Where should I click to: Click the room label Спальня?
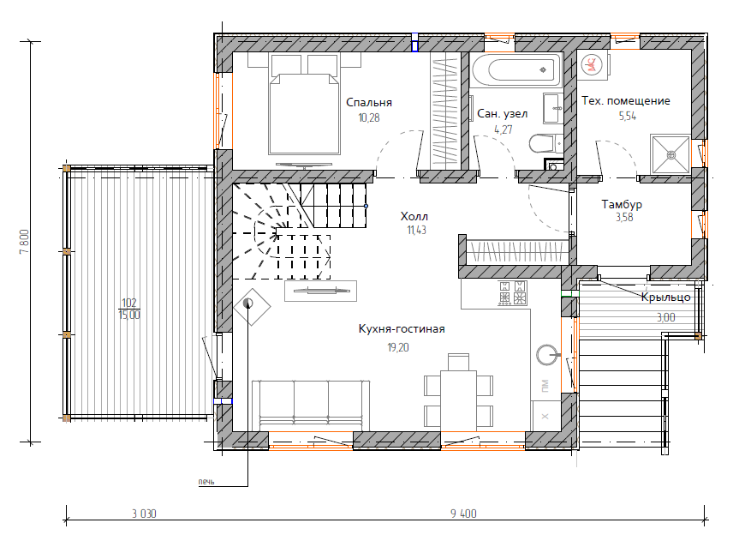369,103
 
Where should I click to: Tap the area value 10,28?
369,117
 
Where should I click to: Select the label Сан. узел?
502,114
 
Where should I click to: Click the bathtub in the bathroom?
516,70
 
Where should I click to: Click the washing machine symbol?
593,63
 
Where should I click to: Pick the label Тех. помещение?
625,100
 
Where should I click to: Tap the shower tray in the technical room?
670,154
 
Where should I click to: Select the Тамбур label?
622,204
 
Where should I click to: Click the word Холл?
414,216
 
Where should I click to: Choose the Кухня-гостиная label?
402,328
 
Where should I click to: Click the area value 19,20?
398,347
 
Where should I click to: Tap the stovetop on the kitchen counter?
513,293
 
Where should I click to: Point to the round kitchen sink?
547,355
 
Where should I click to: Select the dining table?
458,399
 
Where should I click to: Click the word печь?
206,482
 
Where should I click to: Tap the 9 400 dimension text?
463,514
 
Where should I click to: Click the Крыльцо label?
665,298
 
